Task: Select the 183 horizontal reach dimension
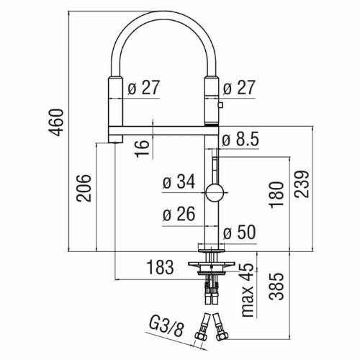pyautogui.click(x=160, y=268)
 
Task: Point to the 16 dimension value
pyautogui.click(x=143, y=147)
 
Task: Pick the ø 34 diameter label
pyautogui.click(x=179, y=183)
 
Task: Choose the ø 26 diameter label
pyautogui.click(x=179, y=215)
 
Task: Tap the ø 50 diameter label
pyautogui.click(x=239, y=233)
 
